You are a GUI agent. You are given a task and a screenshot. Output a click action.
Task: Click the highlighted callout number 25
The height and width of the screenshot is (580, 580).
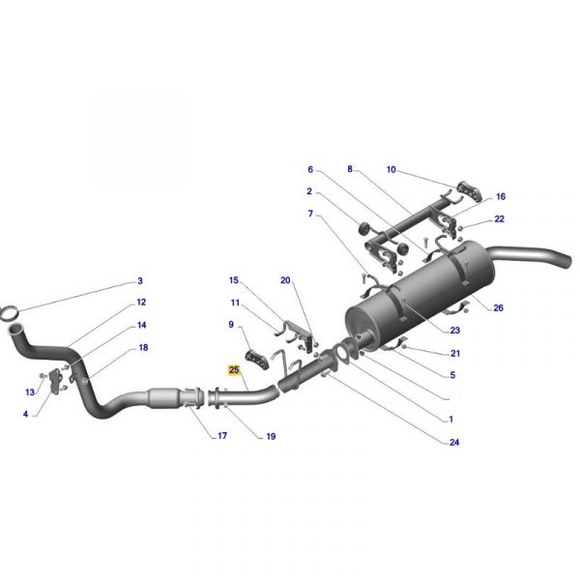pos(234,369)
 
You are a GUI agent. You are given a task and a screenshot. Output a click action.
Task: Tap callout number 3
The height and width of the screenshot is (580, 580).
pos(140,280)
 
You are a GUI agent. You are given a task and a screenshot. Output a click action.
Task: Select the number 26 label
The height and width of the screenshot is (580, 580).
pos(498,307)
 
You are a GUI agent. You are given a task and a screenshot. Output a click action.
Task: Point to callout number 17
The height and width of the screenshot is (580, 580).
pos(222,436)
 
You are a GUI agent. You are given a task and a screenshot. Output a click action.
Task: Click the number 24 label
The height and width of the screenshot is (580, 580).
pos(454,442)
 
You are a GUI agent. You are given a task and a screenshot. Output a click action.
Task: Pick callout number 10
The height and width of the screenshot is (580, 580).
pos(391,169)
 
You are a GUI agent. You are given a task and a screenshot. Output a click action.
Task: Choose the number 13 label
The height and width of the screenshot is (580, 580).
pos(30,392)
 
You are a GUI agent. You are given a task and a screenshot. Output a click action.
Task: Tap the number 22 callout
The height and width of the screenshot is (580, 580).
pos(500,219)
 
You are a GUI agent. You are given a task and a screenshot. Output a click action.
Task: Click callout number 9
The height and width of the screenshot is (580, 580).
pos(231,325)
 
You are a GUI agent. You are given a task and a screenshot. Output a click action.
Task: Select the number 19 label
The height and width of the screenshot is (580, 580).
pos(271,437)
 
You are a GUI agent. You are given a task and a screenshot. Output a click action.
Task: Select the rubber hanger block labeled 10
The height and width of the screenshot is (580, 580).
pos(470,191)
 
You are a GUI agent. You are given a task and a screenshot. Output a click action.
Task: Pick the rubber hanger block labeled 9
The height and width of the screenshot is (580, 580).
pos(257,360)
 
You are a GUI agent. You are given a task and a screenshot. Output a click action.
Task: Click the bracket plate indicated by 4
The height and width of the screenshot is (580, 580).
pos(55,381)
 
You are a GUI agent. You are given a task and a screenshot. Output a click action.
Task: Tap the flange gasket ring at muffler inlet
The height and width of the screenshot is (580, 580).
pos(342,353)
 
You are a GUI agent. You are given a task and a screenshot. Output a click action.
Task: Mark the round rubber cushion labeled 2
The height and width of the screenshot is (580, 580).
pos(364,228)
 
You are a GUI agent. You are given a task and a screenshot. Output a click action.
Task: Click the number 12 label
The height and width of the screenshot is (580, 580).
pos(141,303)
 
